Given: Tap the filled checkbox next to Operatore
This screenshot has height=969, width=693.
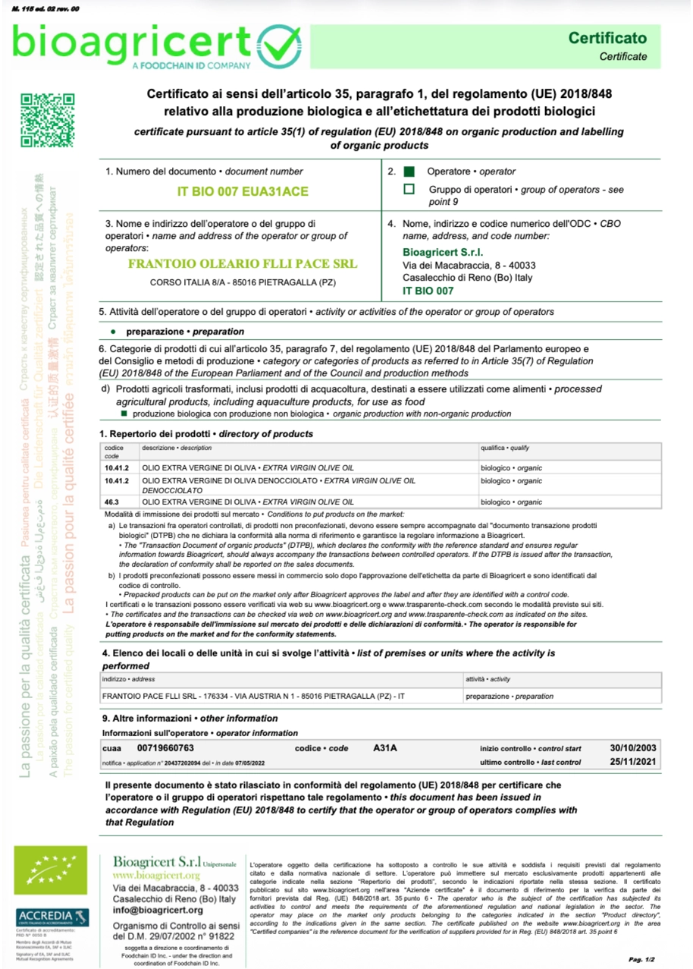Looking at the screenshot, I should (x=409, y=172).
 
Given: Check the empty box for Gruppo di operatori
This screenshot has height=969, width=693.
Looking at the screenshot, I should (x=409, y=190).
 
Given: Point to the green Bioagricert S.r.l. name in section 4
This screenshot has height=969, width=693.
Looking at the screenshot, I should (x=444, y=252).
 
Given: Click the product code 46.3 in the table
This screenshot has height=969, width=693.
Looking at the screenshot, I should (x=112, y=502).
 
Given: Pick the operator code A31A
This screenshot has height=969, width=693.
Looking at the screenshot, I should (x=385, y=748).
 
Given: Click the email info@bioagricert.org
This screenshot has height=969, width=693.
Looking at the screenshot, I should (x=158, y=909).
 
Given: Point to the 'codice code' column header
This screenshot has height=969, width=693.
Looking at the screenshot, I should (x=114, y=452).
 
